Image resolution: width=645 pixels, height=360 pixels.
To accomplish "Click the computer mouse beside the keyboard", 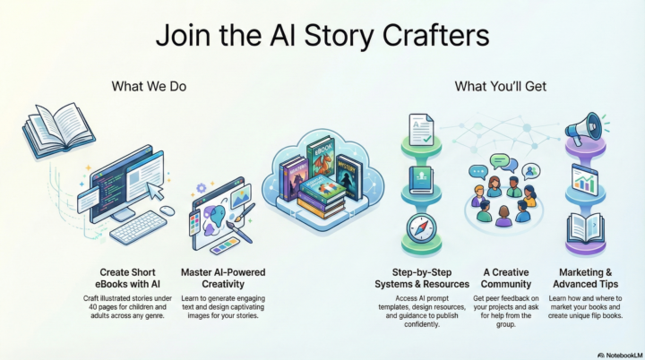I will tap(167, 211).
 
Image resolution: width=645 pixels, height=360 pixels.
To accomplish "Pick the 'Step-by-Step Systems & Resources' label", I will tap(422, 278).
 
